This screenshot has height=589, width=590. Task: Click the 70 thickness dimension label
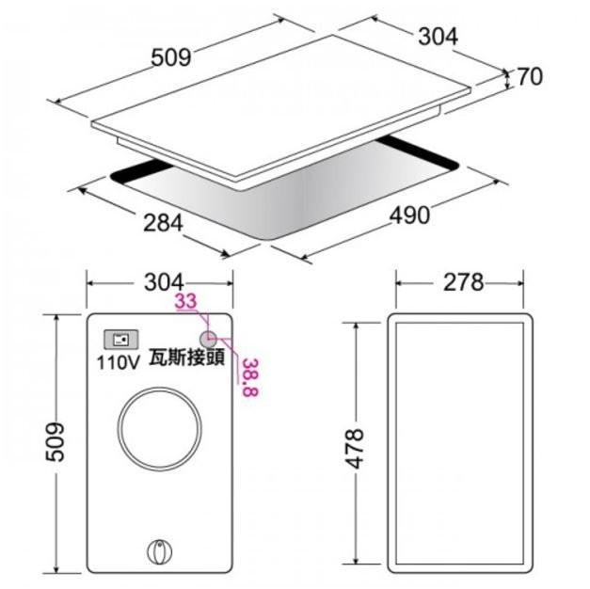[531, 76]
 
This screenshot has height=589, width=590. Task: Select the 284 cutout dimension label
[163, 223]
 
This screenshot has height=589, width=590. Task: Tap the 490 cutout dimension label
[409, 215]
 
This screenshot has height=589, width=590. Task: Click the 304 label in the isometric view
[438, 37]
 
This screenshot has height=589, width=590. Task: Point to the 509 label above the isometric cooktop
[171, 58]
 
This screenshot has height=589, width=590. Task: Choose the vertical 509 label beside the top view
[55, 442]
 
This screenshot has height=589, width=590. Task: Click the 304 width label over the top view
[164, 282]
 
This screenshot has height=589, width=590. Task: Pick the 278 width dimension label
[464, 282]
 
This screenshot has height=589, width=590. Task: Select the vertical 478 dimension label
[355, 448]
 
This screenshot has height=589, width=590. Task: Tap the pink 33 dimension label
[186, 301]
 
